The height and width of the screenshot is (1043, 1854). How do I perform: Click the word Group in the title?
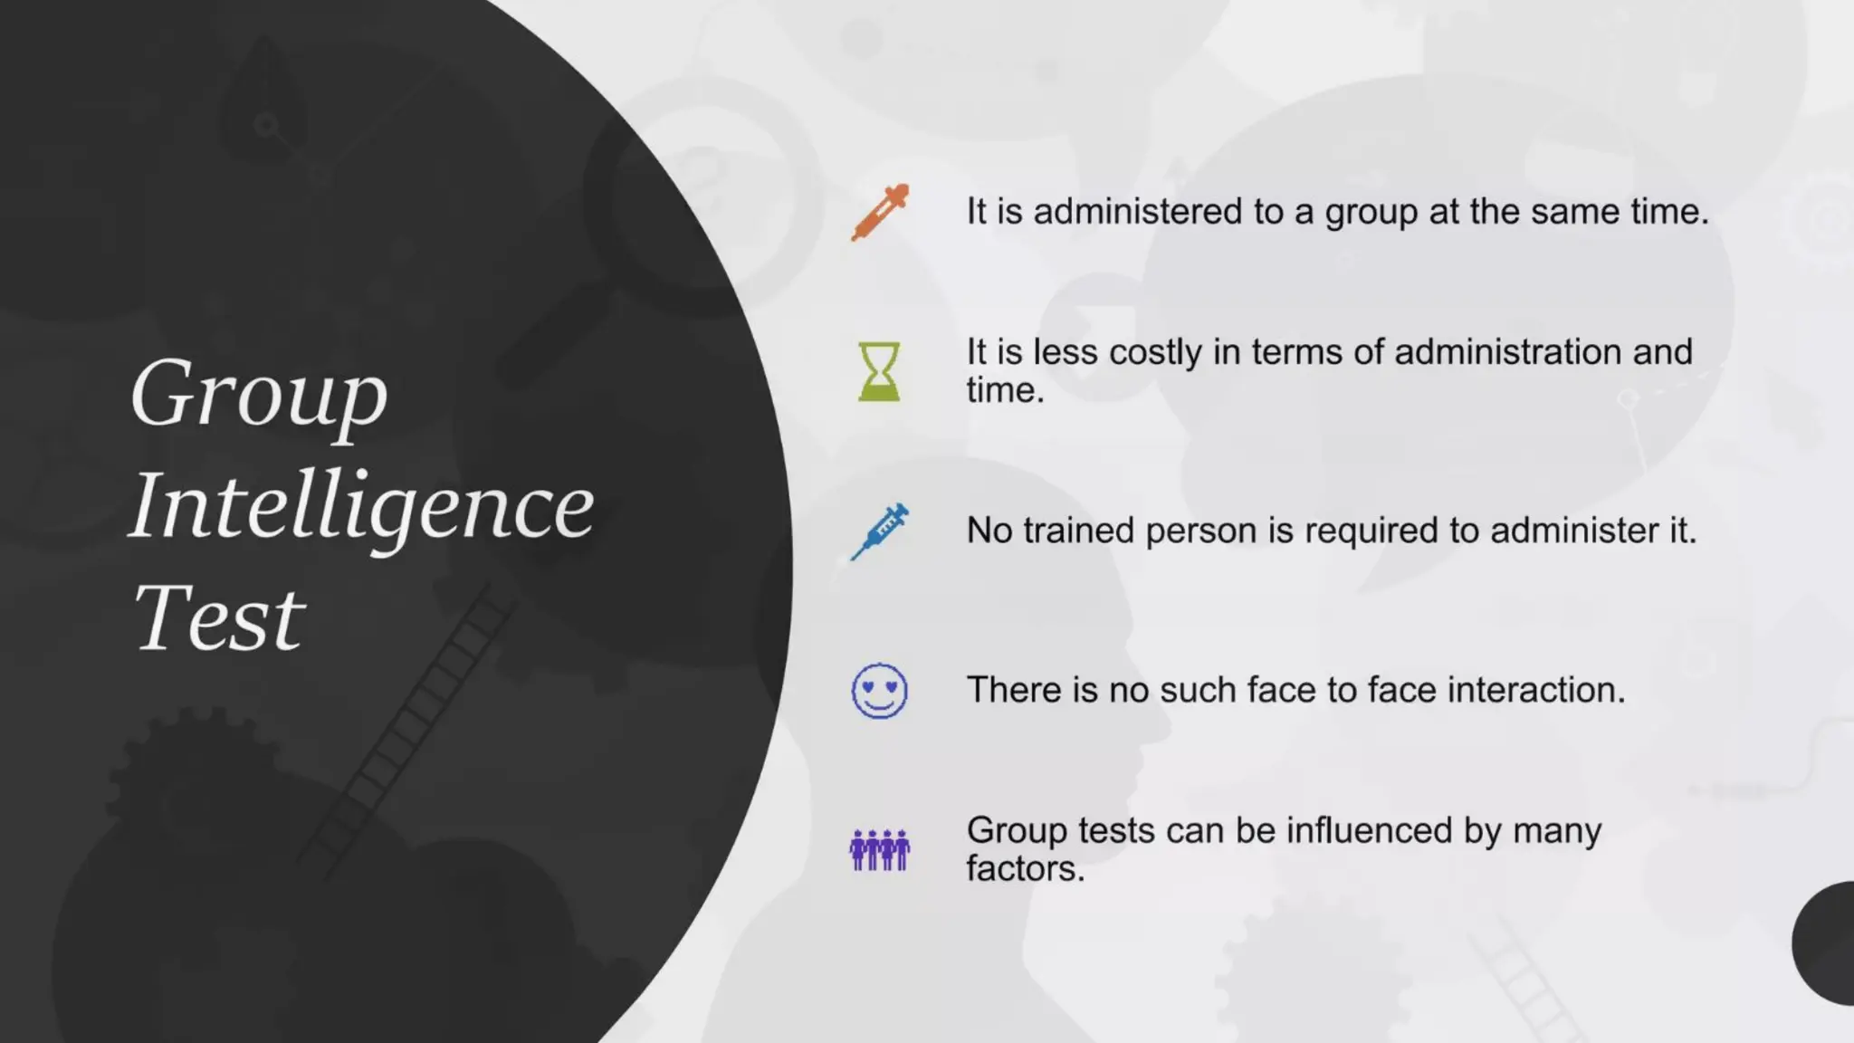(x=259, y=394)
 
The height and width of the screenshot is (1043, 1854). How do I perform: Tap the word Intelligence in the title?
(x=361, y=506)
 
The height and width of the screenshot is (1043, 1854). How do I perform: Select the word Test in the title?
(x=218, y=618)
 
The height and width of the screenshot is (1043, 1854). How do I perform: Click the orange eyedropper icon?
(x=880, y=212)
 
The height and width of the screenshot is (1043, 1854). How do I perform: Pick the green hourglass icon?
(x=879, y=371)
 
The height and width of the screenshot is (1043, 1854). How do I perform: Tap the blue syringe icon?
(x=880, y=531)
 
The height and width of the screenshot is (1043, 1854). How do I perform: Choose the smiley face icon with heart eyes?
(x=879, y=691)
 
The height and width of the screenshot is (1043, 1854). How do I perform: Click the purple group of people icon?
(x=879, y=849)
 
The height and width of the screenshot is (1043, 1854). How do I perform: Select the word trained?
(x=1078, y=531)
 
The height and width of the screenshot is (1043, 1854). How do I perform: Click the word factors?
(x=1025, y=869)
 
